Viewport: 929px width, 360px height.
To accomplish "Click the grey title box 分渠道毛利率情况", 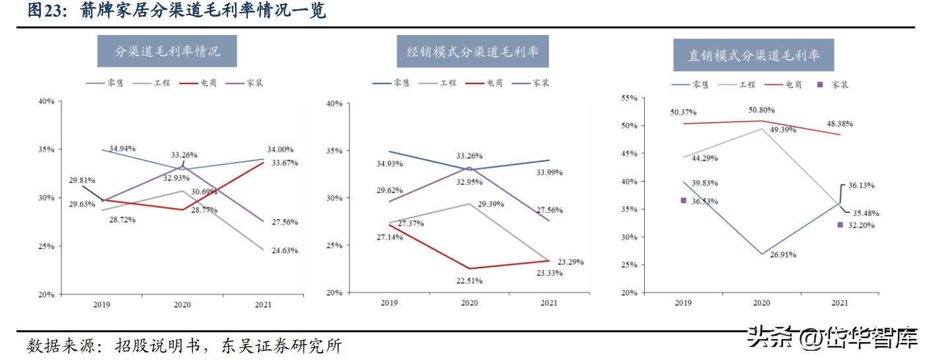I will (x=167, y=51).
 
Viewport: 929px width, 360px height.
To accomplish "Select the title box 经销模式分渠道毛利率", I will (x=472, y=52).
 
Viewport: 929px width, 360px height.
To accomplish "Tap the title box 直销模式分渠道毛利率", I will (x=753, y=55).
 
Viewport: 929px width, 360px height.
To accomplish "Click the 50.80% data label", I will (x=761, y=110).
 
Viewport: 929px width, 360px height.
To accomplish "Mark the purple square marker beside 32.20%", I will (x=840, y=225).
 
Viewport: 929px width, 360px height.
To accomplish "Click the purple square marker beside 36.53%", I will (x=683, y=200).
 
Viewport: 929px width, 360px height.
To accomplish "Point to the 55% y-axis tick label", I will (x=629, y=98).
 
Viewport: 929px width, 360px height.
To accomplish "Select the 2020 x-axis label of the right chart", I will (x=762, y=303).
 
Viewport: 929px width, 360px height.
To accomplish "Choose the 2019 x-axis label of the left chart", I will (x=102, y=305).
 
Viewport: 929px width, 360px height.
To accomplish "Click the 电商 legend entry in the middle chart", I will (x=484, y=83).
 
